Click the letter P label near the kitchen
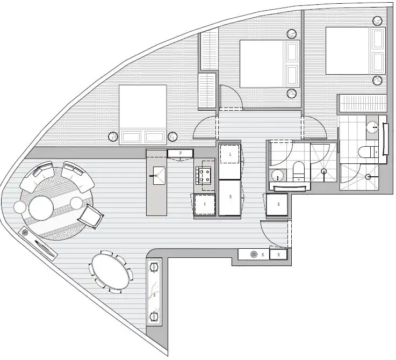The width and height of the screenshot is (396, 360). (181, 154)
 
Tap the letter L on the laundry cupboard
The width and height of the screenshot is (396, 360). (230, 154)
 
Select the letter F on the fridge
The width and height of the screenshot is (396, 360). (204, 205)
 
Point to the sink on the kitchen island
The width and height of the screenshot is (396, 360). (158, 173)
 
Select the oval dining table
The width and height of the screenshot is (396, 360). (112, 272)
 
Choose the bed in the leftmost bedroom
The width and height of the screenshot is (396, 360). (142, 113)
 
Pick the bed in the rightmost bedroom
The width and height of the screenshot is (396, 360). (355, 52)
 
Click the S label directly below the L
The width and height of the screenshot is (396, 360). (230, 197)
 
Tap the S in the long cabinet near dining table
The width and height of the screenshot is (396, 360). (154, 295)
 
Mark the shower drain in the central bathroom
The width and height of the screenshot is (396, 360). (323, 171)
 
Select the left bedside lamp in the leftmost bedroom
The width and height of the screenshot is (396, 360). (113, 136)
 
